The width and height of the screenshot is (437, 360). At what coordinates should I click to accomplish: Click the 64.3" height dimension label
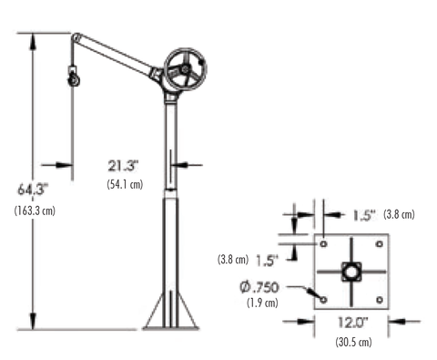(33, 190)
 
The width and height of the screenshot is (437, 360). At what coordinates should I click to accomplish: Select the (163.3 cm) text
(35, 211)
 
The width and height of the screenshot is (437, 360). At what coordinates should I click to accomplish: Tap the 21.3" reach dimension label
(123, 166)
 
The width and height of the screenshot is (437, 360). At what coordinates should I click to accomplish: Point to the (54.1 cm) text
(125, 184)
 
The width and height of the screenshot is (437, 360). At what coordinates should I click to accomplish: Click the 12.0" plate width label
(353, 323)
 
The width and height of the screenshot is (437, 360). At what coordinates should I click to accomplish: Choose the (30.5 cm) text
(353, 342)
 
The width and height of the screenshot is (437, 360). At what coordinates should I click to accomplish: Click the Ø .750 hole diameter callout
(259, 287)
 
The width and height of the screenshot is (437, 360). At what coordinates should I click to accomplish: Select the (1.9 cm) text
(262, 303)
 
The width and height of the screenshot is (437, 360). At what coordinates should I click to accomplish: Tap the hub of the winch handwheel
(185, 69)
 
